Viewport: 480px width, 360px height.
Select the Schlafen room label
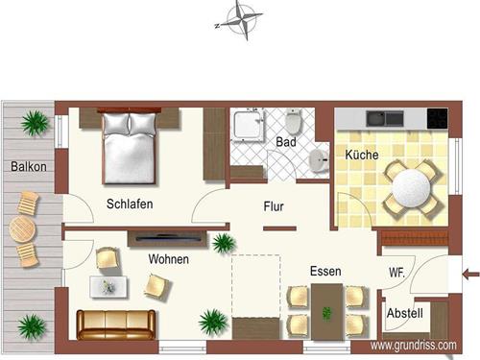pyautogui.click(x=130, y=204)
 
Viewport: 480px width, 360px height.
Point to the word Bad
pyautogui.click(x=286, y=142)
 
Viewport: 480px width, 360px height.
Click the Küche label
pyautogui.click(x=361, y=155)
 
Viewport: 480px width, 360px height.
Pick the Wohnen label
pyautogui.click(x=168, y=259)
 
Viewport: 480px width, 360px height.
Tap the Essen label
pyautogui.click(x=324, y=272)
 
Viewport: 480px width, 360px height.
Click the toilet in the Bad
pyautogui.click(x=295, y=122)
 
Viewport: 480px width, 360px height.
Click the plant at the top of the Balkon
pyautogui.click(x=36, y=122)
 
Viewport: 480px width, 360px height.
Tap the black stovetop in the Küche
pyautogui.click(x=437, y=119)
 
